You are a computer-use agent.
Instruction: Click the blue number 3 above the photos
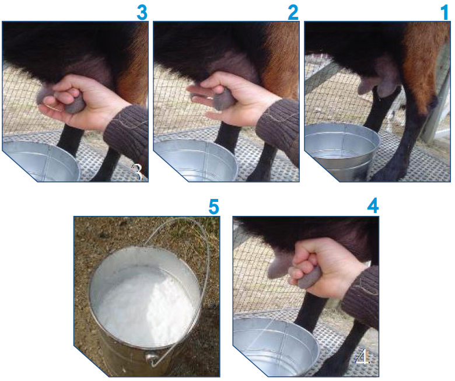(142, 12)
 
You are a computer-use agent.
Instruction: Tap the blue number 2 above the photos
(293, 12)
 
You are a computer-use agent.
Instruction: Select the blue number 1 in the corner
(445, 12)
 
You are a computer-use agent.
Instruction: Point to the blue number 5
(213, 207)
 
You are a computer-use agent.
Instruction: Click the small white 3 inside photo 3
(137, 172)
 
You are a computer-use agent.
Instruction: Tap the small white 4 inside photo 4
(362, 356)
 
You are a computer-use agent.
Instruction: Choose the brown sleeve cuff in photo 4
(360, 296)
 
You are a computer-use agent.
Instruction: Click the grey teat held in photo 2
(223, 99)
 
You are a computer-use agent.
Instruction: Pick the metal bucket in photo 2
(195, 160)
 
